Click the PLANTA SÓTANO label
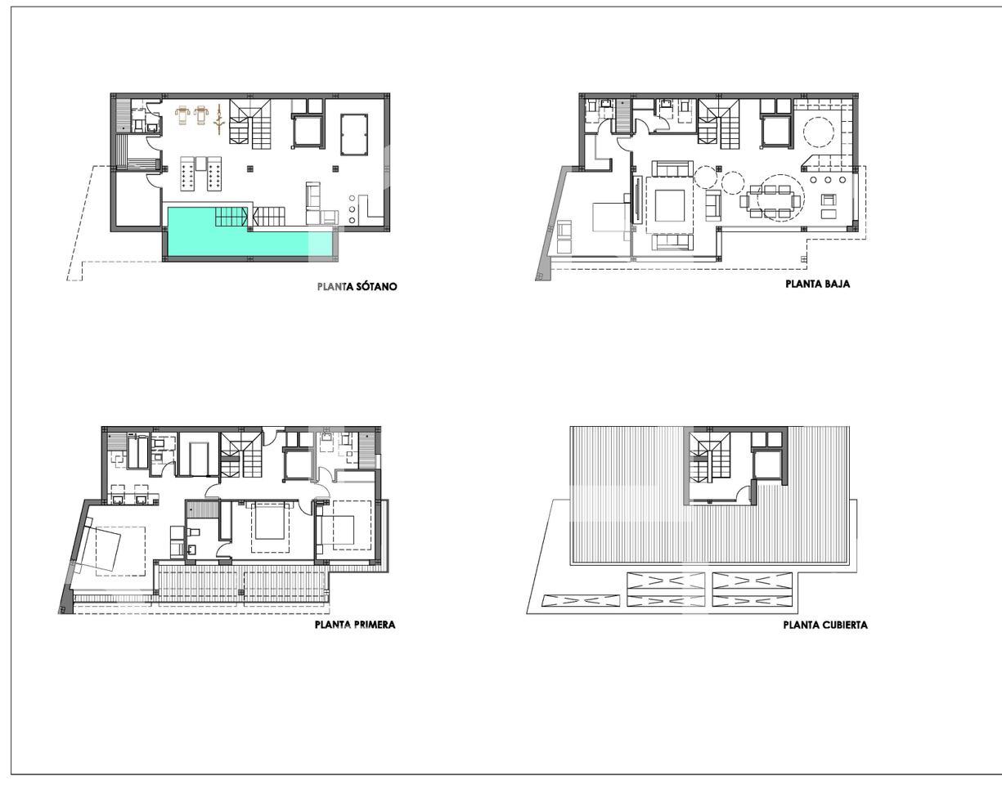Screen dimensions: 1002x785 pyautogui.click(x=357, y=286)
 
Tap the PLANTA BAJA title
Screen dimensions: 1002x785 pyautogui.click(x=818, y=284)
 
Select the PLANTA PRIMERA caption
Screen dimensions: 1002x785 pyautogui.click(x=355, y=625)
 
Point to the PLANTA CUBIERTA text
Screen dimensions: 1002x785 pyautogui.click(x=825, y=626)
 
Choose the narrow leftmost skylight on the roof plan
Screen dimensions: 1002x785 pyautogui.click(x=581, y=600)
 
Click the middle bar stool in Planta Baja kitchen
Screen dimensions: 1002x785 pyautogui.click(x=828, y=180)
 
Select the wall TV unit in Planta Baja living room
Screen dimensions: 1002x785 pyautogui.click(x=638, y=200)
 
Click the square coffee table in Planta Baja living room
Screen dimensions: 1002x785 pyautogui.click(x=670, y=205)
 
